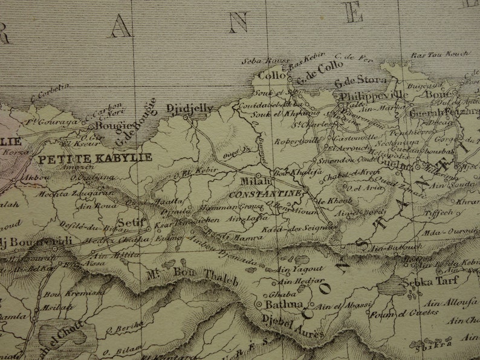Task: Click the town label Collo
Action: [x=271, y=76]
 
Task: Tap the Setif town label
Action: [x=131, y=222]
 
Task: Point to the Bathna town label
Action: [x=282, y=304]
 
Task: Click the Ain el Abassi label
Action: [x=344, y=307]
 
